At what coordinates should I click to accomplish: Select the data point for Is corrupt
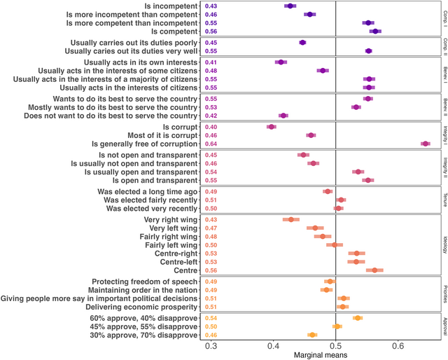click(x=272, y=127)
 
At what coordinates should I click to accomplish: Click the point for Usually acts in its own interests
click(x=281, y=62)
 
